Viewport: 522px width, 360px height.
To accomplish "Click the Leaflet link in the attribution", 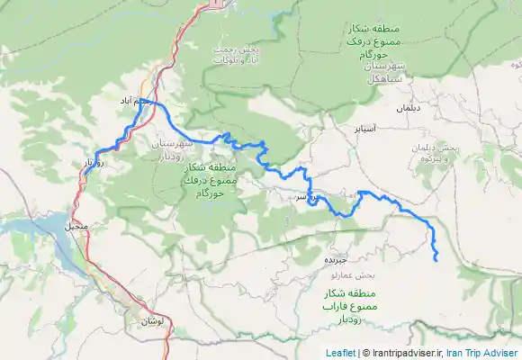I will coord(340,354).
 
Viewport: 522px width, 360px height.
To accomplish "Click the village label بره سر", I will coord(304,196).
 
